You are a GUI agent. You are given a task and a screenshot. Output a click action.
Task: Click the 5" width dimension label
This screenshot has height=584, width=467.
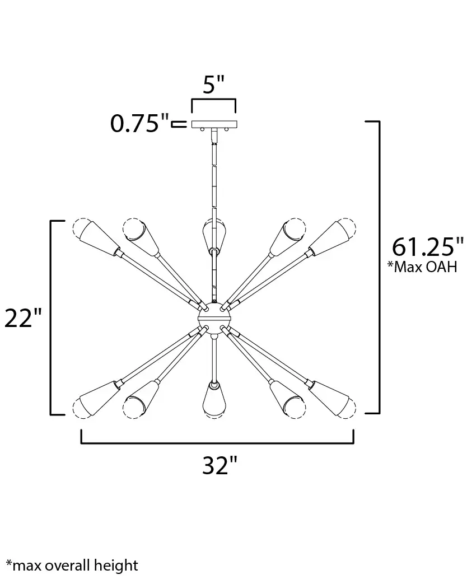click(x=214, y=85)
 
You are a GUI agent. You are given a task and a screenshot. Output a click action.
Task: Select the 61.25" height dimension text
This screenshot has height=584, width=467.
click(x=428, y=247)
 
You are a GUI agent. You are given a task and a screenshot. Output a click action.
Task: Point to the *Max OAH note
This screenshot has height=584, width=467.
click(x=422, y=267)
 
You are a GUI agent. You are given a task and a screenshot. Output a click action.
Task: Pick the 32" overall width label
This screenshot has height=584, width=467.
click(x=220, y=465)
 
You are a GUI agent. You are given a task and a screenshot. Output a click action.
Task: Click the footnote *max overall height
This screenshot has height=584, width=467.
click(x=72, y=566)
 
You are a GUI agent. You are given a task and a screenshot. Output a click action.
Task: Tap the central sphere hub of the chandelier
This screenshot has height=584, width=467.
click(x=214, y=317)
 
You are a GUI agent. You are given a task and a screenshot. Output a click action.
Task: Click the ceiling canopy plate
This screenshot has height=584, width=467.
click(x=214, y=124)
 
